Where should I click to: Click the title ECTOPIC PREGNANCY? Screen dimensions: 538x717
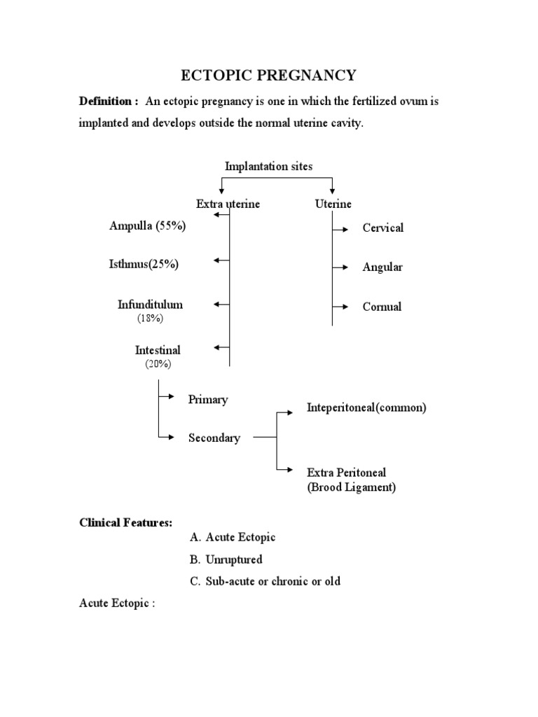point(269,75)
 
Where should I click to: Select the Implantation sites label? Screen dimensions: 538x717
point(269,166)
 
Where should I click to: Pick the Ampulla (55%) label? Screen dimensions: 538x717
point(148,225)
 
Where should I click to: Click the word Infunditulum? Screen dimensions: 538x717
point(150,305)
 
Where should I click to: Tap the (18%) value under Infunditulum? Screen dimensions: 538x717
point(150,319)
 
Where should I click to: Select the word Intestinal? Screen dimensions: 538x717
point(158,350)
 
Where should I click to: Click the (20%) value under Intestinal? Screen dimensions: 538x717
point(158,364)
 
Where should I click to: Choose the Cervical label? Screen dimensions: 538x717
point(382,228)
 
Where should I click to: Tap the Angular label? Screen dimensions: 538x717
point(382,267)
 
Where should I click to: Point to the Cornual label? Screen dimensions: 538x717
point(382,307)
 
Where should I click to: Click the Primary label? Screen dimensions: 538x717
point(208,400)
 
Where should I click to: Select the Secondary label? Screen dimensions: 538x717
point(214,438)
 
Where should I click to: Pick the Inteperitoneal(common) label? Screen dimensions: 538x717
point(366,408)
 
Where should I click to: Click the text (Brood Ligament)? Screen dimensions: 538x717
point(351,487)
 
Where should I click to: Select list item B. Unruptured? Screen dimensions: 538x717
point(226,559)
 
